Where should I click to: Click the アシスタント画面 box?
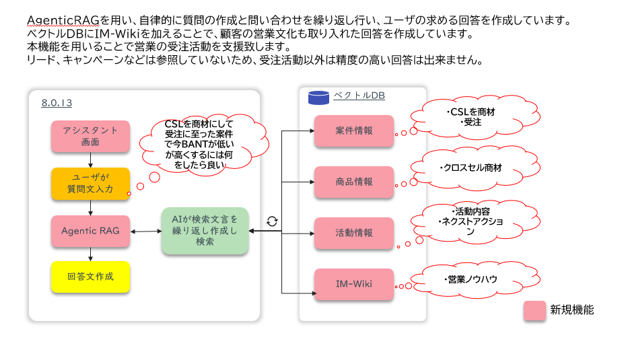click(x=90, y=136)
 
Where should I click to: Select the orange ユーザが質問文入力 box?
click(x=90, y=184)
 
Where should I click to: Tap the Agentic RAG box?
click(x=90, y=231)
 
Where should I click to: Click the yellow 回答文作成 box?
click(x=90, y=277)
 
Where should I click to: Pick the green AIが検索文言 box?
click(x=205, y=231)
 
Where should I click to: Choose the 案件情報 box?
click(x=353, y=131)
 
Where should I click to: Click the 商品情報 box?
click(x=353, y=182)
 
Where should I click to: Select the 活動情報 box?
click(x=353, y=233)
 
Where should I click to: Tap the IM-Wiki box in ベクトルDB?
click(x=353, y=284)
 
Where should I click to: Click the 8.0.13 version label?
click(x=57, y=103)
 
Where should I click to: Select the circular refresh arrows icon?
click(x=272, y=221)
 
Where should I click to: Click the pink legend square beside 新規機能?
click(x=535, y=310)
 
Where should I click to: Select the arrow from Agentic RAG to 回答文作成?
click(x=90, y=254)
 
